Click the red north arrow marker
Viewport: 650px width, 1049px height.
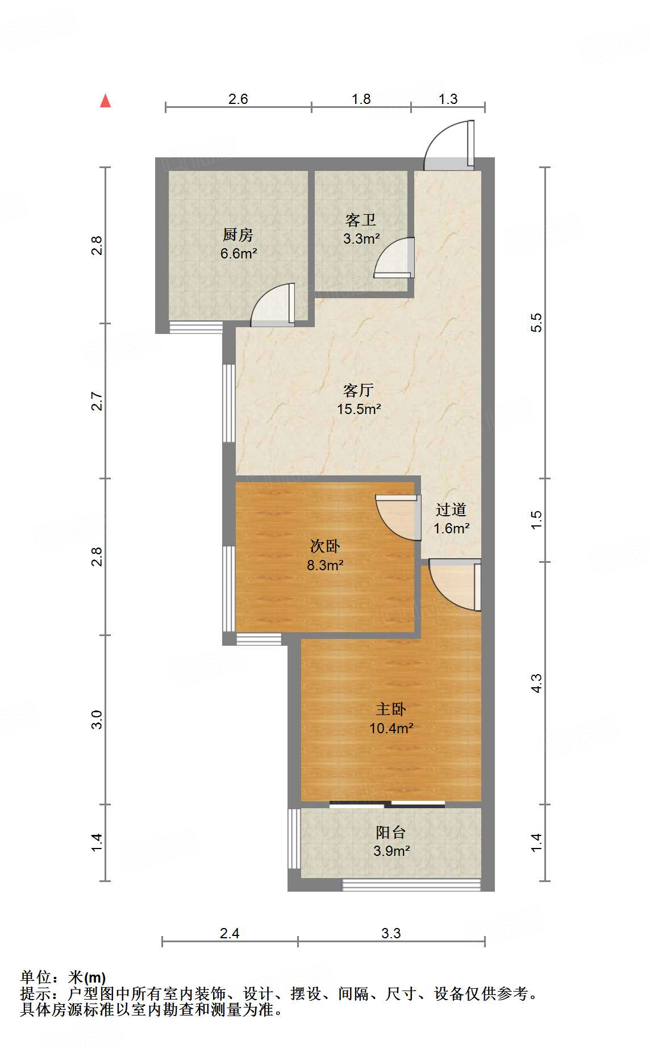click(106, 101)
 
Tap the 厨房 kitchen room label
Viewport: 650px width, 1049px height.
click(238, 235)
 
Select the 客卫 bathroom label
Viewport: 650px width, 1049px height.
click(361, 220)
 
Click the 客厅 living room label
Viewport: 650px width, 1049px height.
click(359, 390)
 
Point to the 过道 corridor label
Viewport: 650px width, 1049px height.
click(451, 509)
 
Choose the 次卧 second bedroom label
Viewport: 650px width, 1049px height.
click(325, 546)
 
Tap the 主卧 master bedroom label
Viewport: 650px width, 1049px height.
click(391, 709)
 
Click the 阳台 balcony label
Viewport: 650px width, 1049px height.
click(391, 832)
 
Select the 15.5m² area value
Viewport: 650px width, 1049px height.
click(359, 409)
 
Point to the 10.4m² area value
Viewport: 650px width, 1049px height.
click(391, 728)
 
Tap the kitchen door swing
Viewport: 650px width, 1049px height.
click(273, 305)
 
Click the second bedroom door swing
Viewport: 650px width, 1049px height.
click(398, 517)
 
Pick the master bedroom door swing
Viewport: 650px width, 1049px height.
click(455, 585)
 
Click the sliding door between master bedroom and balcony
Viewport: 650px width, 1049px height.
click(387, 804)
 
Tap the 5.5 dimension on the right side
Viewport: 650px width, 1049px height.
click(536, 323)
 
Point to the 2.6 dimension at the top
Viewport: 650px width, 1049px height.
click(238, 99)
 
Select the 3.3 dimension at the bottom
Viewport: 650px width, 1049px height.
click(391, 933)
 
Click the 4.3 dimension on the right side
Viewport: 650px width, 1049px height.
click(536, 683)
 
